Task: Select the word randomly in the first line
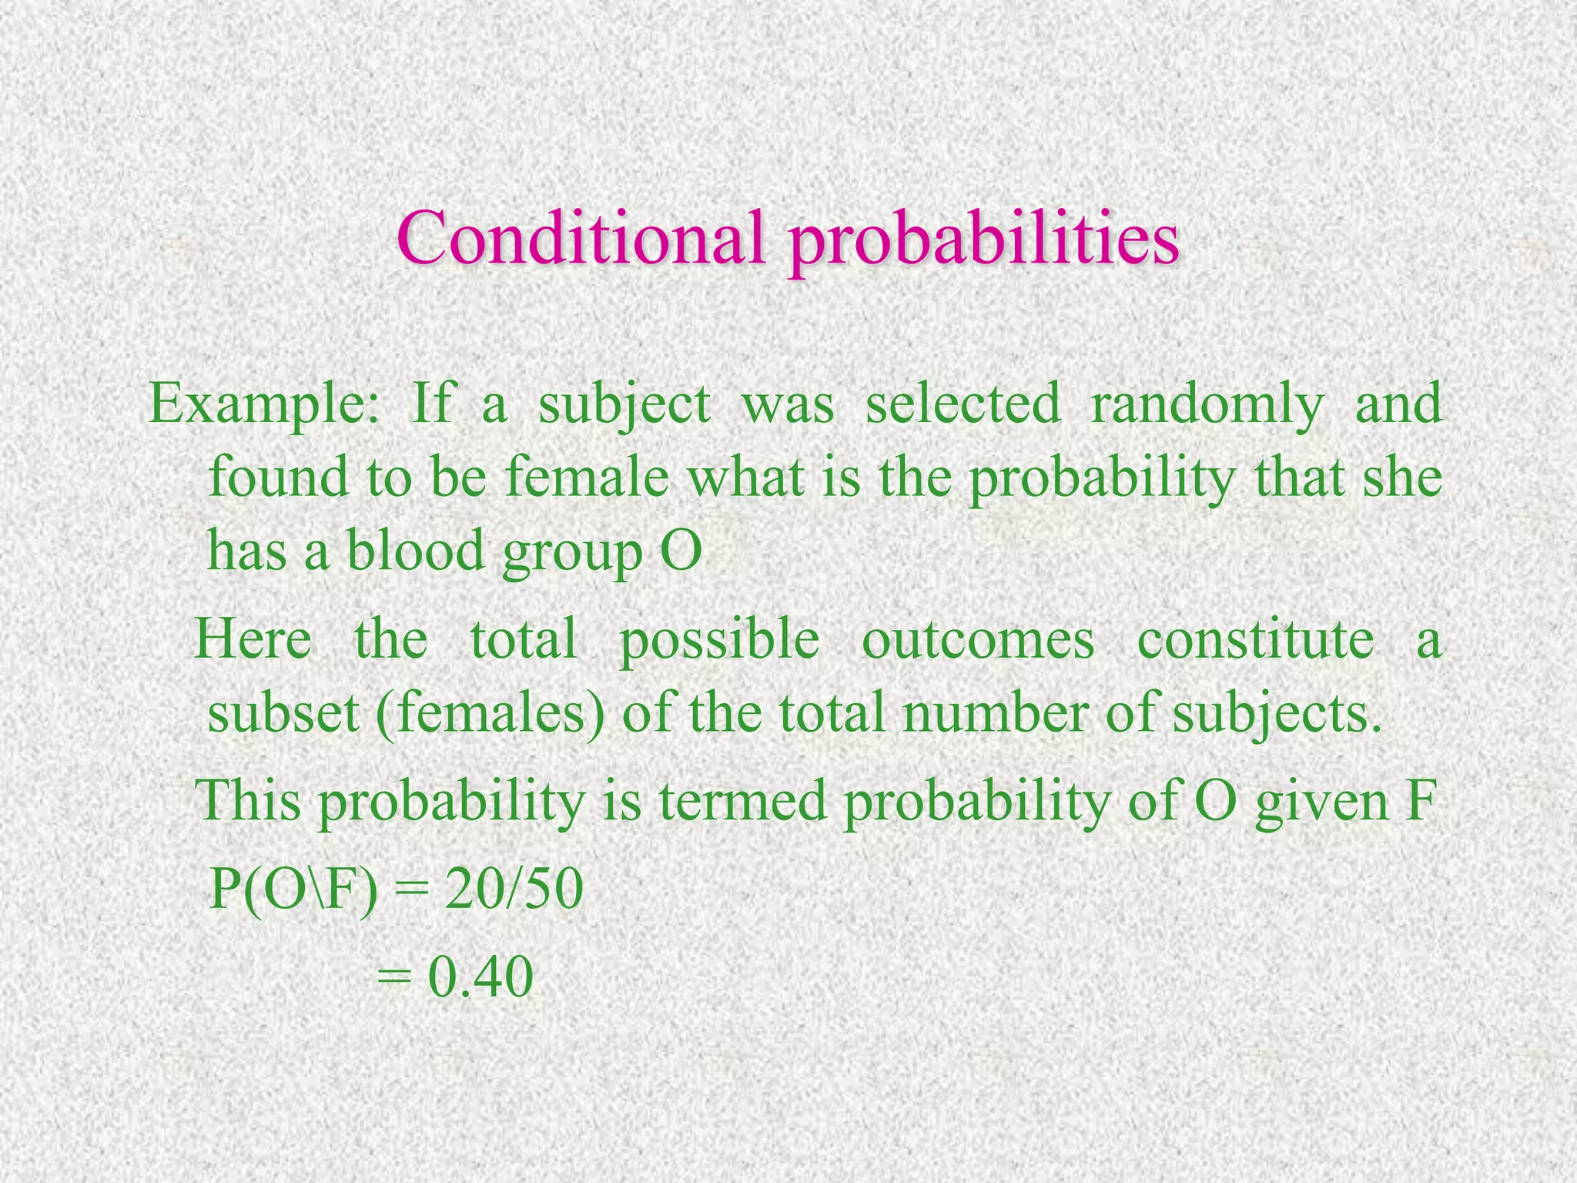pyautogui.click(x=1207, y=405)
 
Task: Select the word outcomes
pyautogui.click(x=977, y=640)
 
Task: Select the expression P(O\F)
pyautogui.click(x=293, y=891)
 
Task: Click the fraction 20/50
pyautogui.click(x=513, y=890)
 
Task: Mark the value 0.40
pyautogui.click(x=480, y=979)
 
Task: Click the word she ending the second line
pyautogui.click(x=1402, y=478)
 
